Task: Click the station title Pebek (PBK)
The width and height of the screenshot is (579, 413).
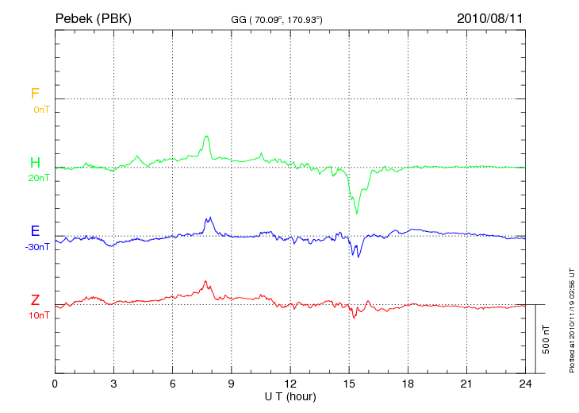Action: pyautogui.click(x=94, y=17)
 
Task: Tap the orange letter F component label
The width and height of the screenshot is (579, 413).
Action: pyautogui.click(x=35, y=94)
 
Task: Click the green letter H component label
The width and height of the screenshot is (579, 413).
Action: pyautogui.click(x=35, y=163)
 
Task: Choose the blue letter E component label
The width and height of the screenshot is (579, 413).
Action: pyautogui.click(x=35, y=231)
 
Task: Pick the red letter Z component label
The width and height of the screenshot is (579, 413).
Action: pyautogui.click(x=35, y=300)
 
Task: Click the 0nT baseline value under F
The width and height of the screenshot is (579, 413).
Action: pyautogui.click(x=40, y=109)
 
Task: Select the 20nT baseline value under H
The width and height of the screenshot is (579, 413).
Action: pyautogui.click(x=38, y=178)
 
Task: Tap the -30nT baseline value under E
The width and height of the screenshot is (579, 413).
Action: pyautogui.click(x=36, y=246)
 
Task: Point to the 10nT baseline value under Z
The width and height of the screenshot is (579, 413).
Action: pyautogui.click(x=38, y=315)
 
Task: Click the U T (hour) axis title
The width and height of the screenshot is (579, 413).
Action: pyautogui.click(x=290, y=396)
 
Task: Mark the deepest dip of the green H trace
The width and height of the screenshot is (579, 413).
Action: pyautogui.click(x=357, y=213)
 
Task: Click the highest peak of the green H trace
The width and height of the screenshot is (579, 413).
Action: pyautogui.click(x=207, y=136)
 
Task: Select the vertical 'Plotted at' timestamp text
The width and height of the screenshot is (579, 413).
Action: pyautogui.click(x=571, y=318)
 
